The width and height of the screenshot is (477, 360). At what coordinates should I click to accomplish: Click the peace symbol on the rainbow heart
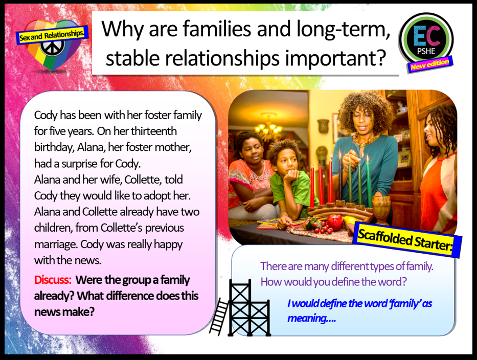(52, 47)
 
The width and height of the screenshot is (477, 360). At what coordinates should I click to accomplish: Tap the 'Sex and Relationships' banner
(52, 35)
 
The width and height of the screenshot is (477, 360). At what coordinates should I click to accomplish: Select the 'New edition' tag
(430, 64)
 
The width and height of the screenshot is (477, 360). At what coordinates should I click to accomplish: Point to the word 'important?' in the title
(335, 58)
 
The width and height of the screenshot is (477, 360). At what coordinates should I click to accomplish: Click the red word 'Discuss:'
(53, 280)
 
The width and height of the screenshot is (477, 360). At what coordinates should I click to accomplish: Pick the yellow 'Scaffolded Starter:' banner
(407, 239)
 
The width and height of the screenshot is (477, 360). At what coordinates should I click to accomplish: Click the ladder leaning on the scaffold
(219, 317)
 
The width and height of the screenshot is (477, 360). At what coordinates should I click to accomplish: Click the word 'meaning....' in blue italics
(311, 319)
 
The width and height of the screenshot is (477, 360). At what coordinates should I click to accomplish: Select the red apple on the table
(335, 222)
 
